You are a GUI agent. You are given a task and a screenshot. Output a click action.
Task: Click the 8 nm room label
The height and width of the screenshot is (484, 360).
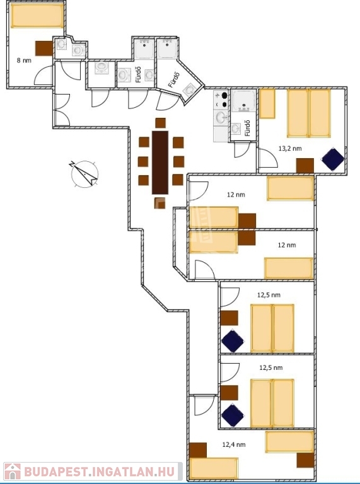pyautogui.click(x=24, y=60)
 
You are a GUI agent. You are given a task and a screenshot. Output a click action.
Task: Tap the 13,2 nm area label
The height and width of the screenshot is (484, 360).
pyautogui.click(x=290, y=149)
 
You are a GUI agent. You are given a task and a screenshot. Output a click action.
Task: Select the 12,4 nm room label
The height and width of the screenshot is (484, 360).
pyautogui.click(x=234, y=444)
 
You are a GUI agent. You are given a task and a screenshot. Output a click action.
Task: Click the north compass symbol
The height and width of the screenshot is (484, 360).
pyautogui.click(x=84, y=174)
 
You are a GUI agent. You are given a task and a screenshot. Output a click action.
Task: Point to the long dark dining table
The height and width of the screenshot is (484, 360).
pyautogui.click(x=160, y=163)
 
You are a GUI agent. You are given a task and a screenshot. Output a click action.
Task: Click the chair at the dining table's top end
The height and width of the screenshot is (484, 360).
pyautogui.click(x=161, y=123)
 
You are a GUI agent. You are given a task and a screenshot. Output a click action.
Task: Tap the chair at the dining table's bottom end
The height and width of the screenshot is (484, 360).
pyautogui.click(x=160, y=203)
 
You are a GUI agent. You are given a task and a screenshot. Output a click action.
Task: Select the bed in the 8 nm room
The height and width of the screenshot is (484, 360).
pyautogui.click(x=37, y=15)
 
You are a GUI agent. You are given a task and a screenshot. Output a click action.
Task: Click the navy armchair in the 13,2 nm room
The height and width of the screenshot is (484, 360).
pyautogui.click(x=333, y=159)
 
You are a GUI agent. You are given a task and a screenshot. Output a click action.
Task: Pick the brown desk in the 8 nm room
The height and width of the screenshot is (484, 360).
pyautogui.click(x=44, y=49)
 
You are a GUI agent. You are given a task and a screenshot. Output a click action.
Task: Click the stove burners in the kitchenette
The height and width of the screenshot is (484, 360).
pyautogui.click(x=221, y=100)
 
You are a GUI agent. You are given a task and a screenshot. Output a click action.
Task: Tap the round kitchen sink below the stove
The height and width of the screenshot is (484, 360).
pyautogui.click(x=221, y=117)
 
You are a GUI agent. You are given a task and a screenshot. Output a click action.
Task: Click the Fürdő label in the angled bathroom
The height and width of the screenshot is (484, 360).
pyautogui.click(x=174, y=79)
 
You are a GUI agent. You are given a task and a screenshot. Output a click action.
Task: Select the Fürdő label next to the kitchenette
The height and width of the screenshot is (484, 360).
pyautogui.click(x=247, y=128)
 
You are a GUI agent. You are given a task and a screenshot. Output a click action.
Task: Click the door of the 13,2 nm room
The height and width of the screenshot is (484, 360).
pyautogui.click(x=268, y=158)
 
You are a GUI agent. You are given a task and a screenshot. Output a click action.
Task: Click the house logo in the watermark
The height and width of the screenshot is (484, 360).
pyautogui.click(x=13, y=471)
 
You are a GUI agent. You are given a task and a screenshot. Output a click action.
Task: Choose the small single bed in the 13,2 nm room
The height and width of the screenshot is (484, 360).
pyautogui.click(x=267, y=103)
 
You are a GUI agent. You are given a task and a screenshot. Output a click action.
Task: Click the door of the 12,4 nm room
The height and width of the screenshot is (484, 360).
pyautogui.click(x=204, y=405)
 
